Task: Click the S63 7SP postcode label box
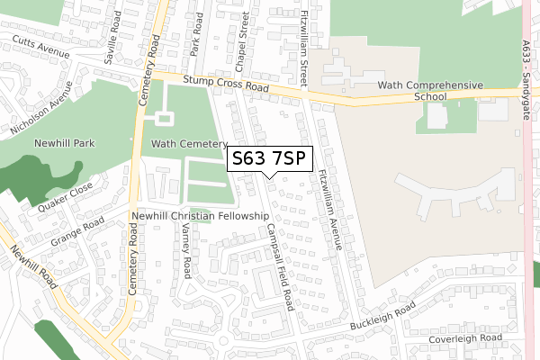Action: click(x=269, y=158)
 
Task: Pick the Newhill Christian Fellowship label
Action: click(x=200, y=216)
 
